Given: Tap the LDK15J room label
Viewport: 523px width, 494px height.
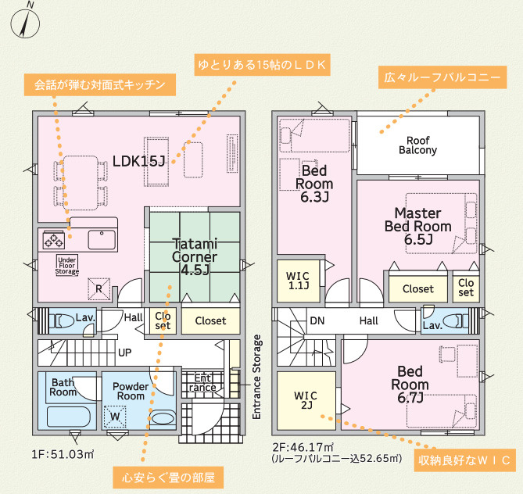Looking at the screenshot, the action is coord(139,162).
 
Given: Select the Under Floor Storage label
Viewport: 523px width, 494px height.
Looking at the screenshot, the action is coord(67,266).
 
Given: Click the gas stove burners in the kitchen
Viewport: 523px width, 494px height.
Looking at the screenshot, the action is coord(54,240).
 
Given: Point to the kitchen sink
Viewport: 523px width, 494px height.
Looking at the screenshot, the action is coord(102,240).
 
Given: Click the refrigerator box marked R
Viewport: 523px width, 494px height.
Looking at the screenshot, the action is coord(99,288).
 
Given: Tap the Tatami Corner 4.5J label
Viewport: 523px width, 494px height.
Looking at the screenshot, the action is coord(195,257).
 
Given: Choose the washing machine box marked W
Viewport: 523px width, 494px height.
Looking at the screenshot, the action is coord(115,417).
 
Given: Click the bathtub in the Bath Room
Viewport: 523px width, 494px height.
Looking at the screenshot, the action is coord(68,417).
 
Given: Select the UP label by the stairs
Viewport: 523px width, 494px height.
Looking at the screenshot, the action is coord(125,353).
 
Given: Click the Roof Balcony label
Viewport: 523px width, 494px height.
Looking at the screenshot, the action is coord(418,145).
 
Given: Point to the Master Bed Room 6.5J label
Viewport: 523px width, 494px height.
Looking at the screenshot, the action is coord(418,226).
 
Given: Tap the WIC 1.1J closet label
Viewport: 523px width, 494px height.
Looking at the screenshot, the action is coord(298,281).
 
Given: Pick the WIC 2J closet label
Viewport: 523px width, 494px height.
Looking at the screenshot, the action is coord(306,400).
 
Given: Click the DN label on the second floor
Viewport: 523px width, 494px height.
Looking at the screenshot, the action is coord(317,321).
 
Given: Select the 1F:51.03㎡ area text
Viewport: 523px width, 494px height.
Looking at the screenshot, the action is coord(63,454).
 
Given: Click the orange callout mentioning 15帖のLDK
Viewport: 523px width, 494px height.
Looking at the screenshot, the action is coord(262,65).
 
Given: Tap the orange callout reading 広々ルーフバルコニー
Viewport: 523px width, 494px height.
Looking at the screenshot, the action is coord(442,77).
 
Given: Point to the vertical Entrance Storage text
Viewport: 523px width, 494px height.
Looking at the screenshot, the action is coord(256,377).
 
